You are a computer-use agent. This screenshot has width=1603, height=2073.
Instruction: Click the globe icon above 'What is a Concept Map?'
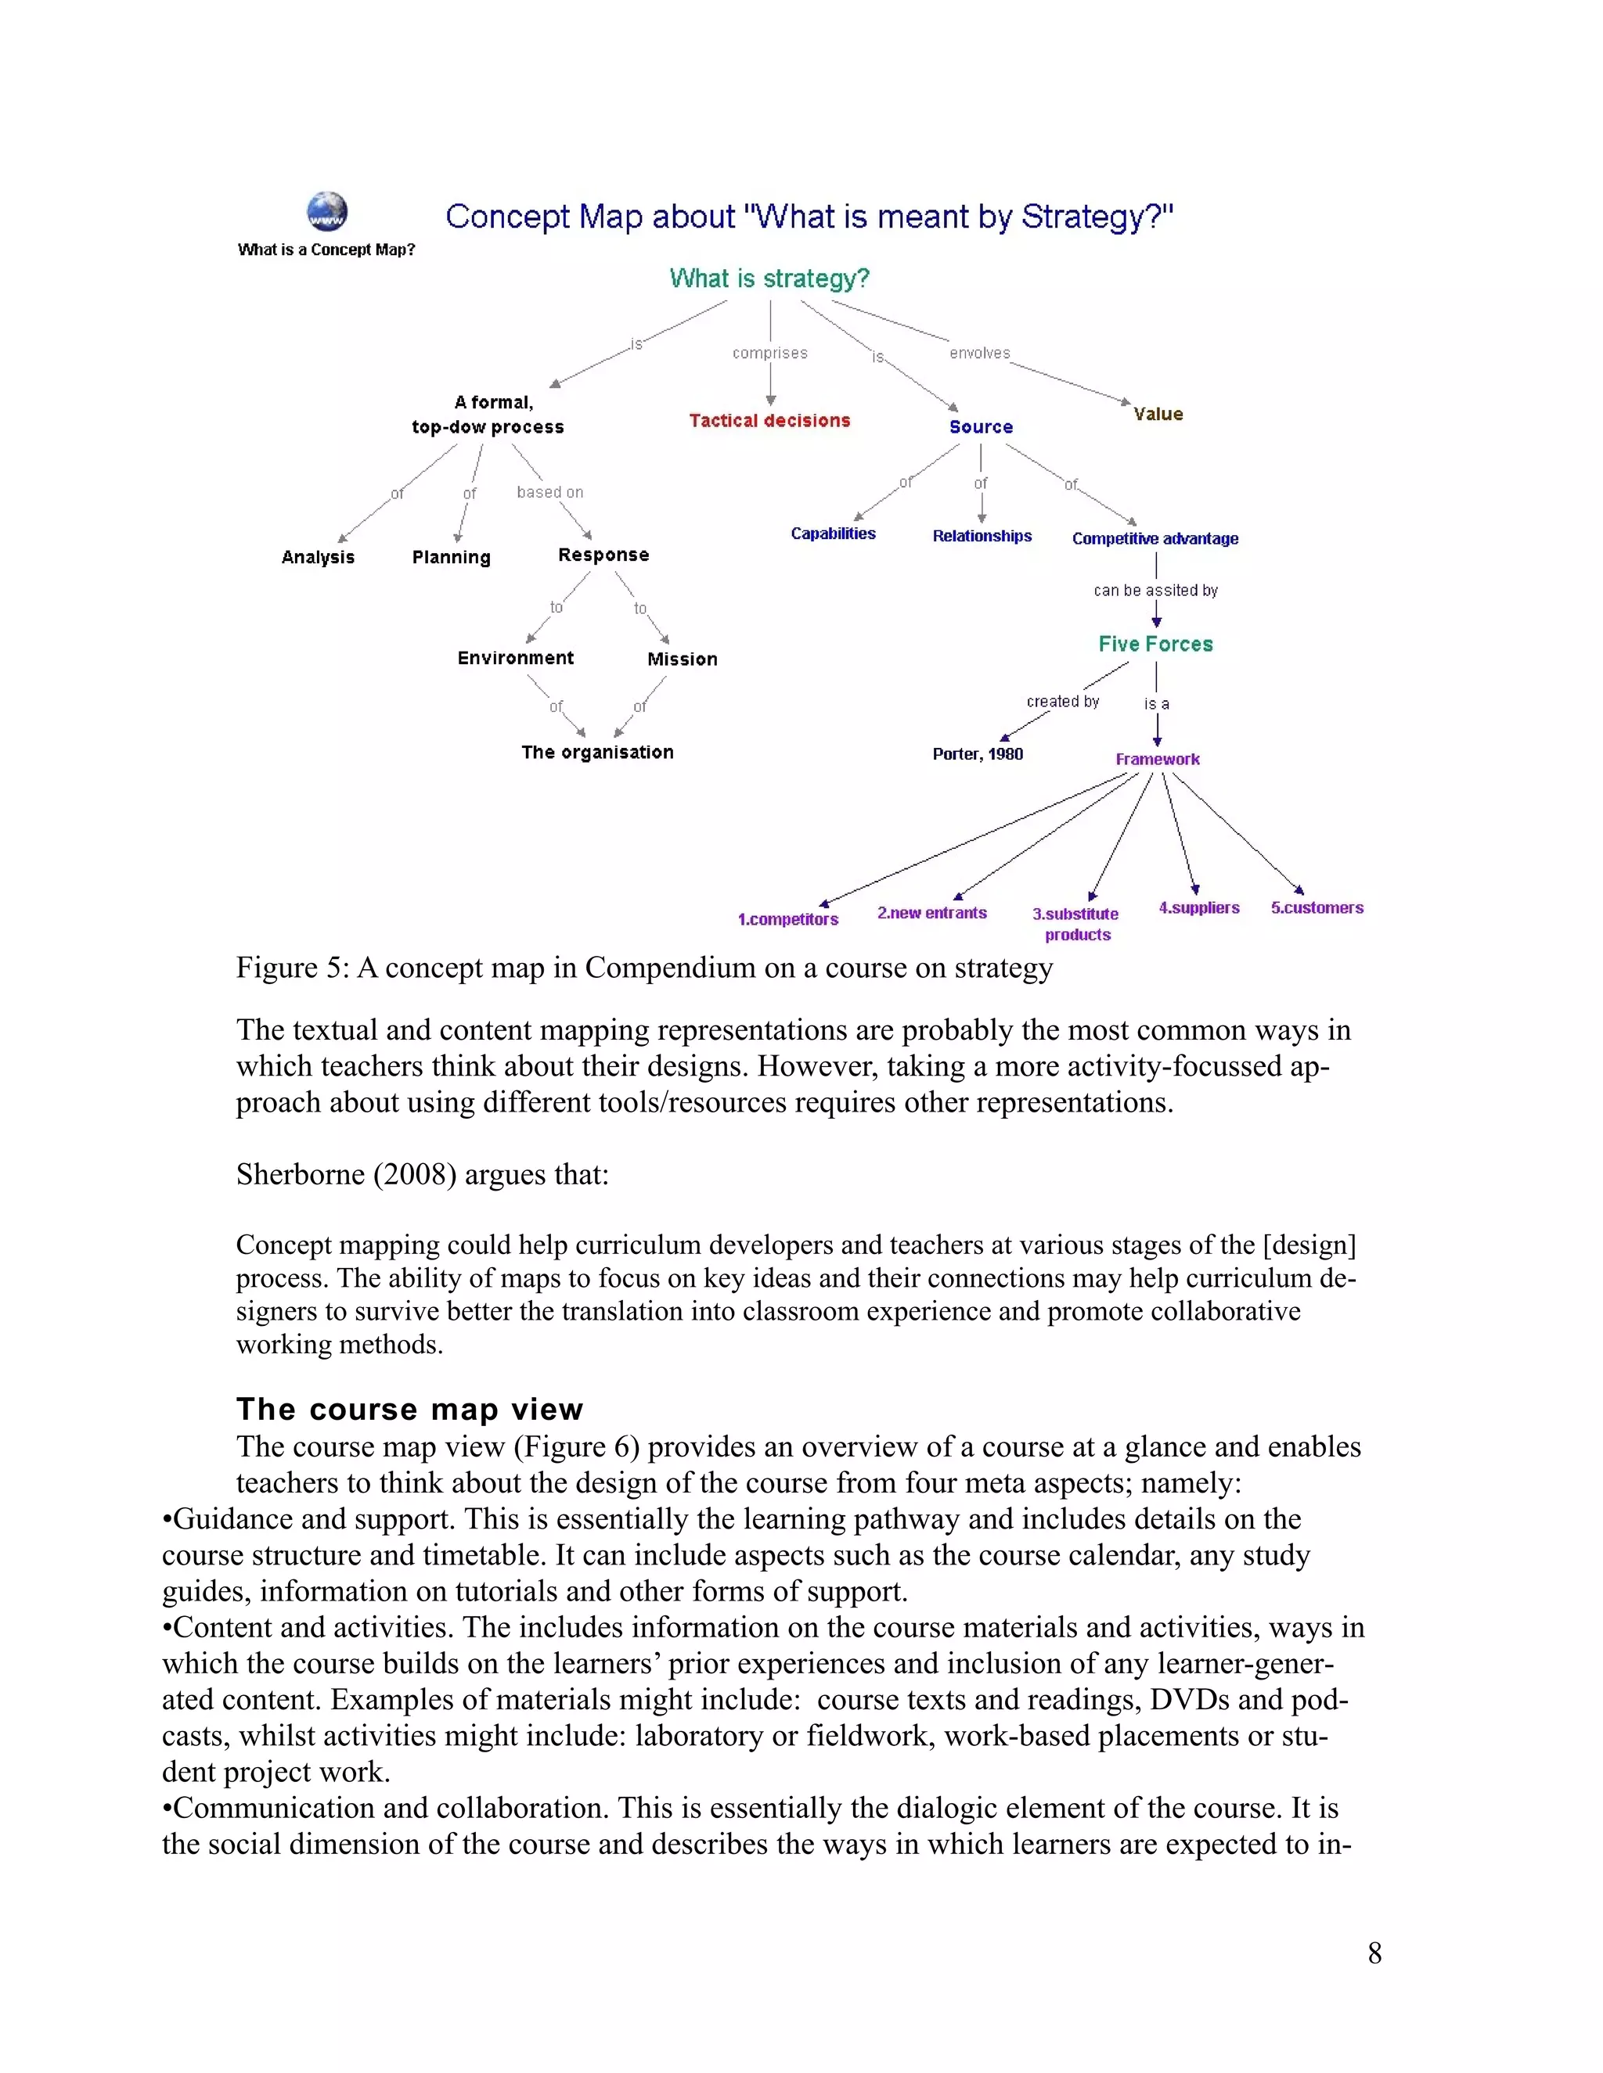(x=326, y=212)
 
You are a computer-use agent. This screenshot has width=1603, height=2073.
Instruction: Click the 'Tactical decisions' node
(x=769, y=421)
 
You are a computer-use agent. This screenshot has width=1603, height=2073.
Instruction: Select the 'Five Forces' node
(x=1156, y=644)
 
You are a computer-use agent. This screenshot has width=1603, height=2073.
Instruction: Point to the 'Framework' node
(x=1157, y=760)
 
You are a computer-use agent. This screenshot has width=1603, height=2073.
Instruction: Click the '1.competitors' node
(x=787, y=919)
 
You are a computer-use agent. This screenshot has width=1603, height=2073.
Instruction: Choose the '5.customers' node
(x=1317, y=907)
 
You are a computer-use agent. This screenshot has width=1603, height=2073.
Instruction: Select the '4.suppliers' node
(x=1198, y=907)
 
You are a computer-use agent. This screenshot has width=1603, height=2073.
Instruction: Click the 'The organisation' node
(x=596, y=752)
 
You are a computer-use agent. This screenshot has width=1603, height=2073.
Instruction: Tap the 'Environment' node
(x=515, y=658)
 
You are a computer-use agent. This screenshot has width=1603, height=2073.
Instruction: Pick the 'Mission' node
(x=682, y=659)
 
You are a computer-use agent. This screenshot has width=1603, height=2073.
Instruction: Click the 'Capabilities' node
(x=833, y=534)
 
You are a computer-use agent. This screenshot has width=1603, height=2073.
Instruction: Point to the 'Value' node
(x=1158, y=414)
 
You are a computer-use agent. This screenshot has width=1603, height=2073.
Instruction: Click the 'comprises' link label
(x=769, y=353)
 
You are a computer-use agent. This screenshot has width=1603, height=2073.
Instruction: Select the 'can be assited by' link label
(x=1155, y=591)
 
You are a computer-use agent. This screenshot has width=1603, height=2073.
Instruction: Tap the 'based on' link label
(x=549, y=492)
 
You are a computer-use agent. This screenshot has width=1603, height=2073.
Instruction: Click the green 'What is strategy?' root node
(x=769, y=278)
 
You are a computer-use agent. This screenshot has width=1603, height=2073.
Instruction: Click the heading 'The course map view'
(x=409, y=1409)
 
